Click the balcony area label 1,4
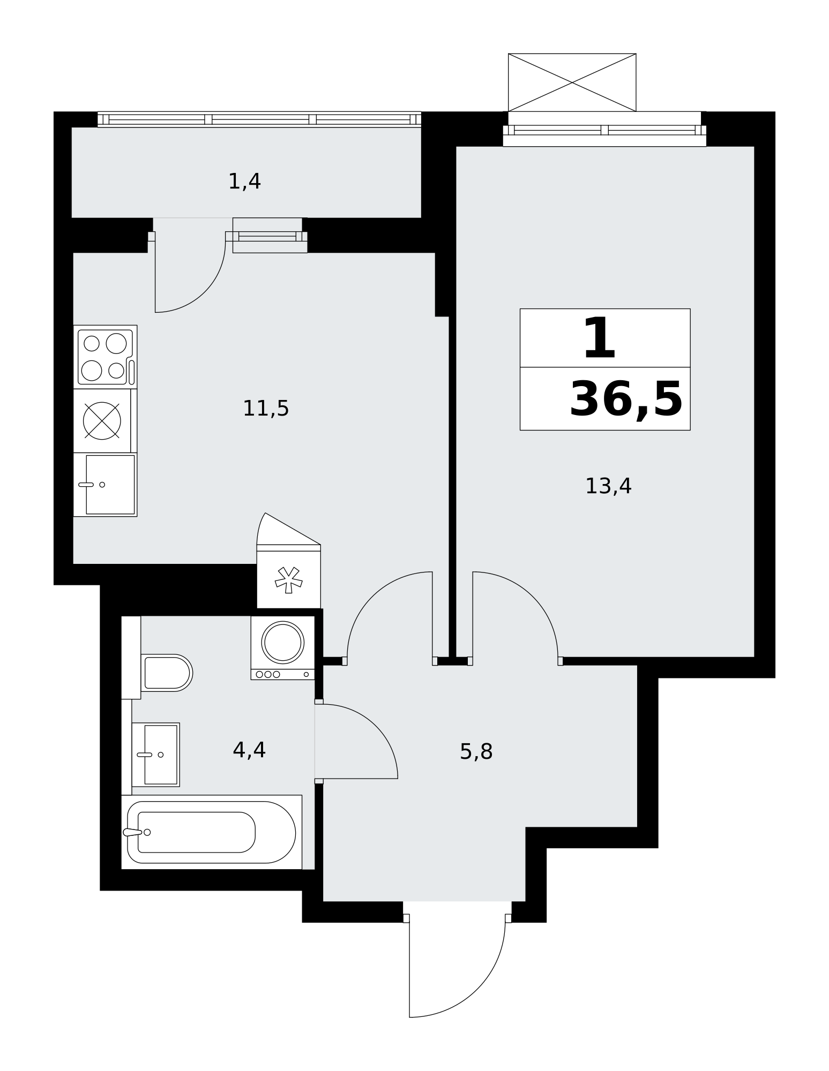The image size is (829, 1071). tap(244, 182)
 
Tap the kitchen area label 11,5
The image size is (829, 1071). tap(266, 409)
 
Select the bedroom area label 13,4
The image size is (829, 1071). tap(608, 486)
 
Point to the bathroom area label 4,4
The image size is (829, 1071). tap(249, 750)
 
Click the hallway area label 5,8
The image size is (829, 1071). tap(476, 752)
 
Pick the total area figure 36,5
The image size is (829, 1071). tap(625, 399)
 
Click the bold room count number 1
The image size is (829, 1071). tap(599, 338)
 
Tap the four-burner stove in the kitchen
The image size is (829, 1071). tap(106, 357)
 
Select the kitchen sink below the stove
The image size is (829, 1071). tap(106, 485)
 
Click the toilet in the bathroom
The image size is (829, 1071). tap(166, 673)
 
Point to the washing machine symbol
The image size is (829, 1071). tap(282, 647)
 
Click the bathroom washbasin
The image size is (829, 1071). tap(155, 755)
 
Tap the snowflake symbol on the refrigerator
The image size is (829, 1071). tap(289, 580)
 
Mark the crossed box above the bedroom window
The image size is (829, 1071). tap(572, 82)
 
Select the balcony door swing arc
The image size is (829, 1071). tap(204, 291)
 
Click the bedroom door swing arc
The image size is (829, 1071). tap(533, 597)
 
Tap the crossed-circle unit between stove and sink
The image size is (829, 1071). tap(102, 421)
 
